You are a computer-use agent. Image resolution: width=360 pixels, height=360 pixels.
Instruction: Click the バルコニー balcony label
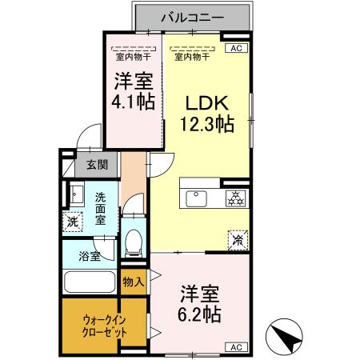(x=192, y=16)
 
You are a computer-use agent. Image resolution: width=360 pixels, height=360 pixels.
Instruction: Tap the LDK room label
(x=208, y=102)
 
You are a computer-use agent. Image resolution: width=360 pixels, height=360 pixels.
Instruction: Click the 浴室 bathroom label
(x=90, y=257)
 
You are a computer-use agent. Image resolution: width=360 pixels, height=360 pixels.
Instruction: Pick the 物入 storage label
(x=134, y=281)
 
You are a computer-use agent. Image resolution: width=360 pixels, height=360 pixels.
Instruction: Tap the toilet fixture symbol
(x=134, y=240)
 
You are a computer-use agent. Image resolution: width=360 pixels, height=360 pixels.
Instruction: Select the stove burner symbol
(x=236, y=197)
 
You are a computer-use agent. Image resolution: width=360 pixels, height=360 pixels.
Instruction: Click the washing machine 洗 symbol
(x=73, y=222)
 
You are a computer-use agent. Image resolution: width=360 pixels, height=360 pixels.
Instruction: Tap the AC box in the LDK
(x=236, y=49)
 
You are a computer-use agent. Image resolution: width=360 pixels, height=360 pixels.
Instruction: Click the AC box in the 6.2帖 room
(x=236, y=347)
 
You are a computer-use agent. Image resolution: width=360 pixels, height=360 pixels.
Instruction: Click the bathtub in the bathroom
(x=90, y=283)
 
